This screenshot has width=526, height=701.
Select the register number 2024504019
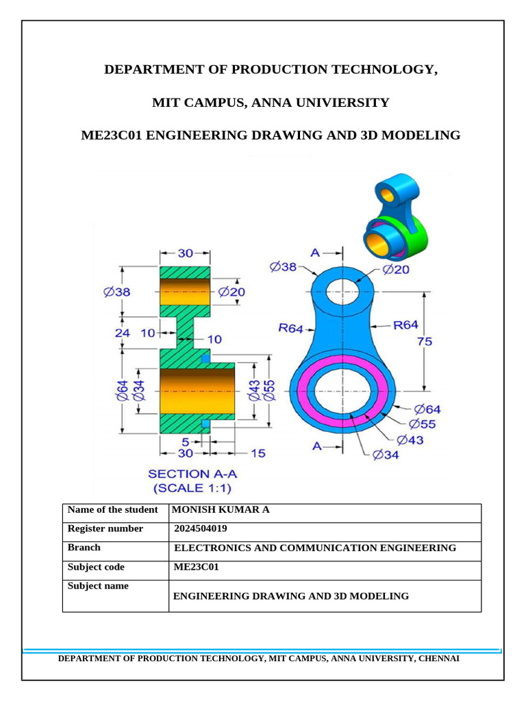[201, 528]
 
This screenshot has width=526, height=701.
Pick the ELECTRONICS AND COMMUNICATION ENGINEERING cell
[316, 548]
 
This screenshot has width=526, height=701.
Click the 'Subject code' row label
[96, 567]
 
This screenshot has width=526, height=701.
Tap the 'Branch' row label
[84, 548]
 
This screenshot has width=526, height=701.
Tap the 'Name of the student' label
[112, 510]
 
